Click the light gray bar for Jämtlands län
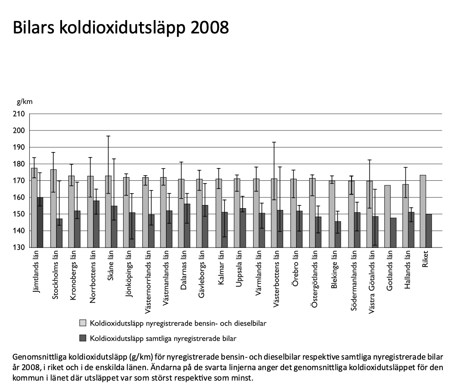tap(34, 208)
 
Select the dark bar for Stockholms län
tap(59, 233)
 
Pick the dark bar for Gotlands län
tap(393, 232)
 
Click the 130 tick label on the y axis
tap(20, 247)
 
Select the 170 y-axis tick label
tap(20, 181)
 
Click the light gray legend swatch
tap(83, 323)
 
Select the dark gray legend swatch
tap(83, 338)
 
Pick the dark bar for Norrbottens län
tap(96, 224)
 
